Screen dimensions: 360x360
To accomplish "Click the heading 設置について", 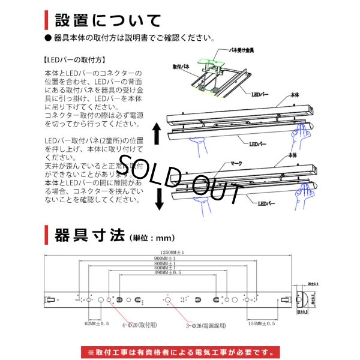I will pos(107,20).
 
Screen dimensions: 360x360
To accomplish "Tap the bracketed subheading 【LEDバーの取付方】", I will pos(75,60).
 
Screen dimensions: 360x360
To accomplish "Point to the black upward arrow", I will pos(158,133).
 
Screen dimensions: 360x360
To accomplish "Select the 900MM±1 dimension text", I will pos(169,258).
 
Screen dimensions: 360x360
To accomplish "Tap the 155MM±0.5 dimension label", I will pos(262,323).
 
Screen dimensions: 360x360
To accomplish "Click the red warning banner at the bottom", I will pos(180,352).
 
